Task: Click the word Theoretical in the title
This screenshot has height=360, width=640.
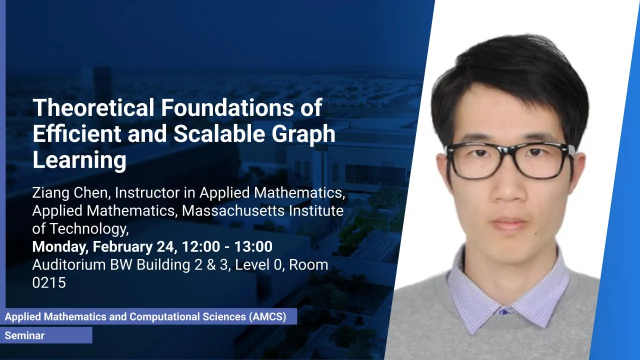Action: pos(93,107)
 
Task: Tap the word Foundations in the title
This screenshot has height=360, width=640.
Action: pos(227,107)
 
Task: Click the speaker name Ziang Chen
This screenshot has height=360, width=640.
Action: pos(69,192)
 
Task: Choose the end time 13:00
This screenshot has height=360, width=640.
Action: pos(253,246)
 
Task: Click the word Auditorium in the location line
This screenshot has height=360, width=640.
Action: pos(69,264)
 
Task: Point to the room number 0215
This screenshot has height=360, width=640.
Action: pos(49,282)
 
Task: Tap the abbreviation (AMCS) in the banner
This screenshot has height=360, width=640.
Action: pos(267,316)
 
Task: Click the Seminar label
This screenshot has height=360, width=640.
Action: pos(24,335)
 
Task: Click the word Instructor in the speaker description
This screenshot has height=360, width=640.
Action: pos(147,192)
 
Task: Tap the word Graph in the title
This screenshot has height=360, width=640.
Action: pos(303,134)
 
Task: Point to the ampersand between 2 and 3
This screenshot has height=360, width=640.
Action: pos(211,264)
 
